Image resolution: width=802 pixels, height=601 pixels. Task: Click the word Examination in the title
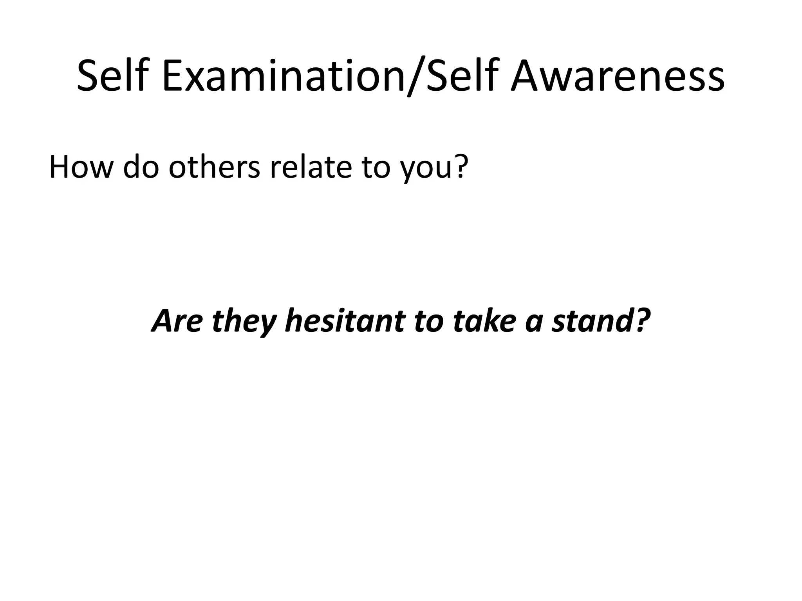click(282, 76)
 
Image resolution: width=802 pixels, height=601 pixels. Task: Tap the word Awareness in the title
click(618, 76)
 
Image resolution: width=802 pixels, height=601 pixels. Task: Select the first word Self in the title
click(114, 76)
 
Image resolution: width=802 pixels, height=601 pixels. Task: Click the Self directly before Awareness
click(462, 76)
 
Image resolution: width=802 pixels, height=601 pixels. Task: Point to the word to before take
click(428, 321)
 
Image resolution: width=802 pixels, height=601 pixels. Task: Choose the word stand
click(588, 320)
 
